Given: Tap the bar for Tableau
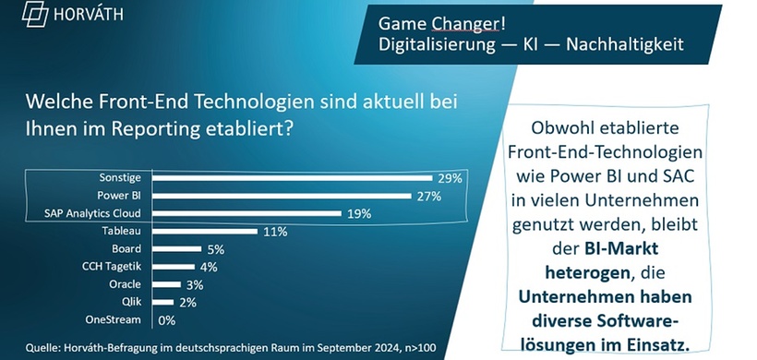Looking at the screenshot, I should [x=204, y=232].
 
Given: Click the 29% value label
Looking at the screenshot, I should [x=448, y=178].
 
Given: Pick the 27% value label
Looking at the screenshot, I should [x=427, y=196].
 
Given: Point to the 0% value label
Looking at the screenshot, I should [x=168, y=319].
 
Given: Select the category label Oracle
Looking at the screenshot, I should [x=125, y=284].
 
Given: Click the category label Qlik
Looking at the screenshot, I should [x=131, y=302].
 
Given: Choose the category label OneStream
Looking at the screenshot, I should [x=114, y=319].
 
